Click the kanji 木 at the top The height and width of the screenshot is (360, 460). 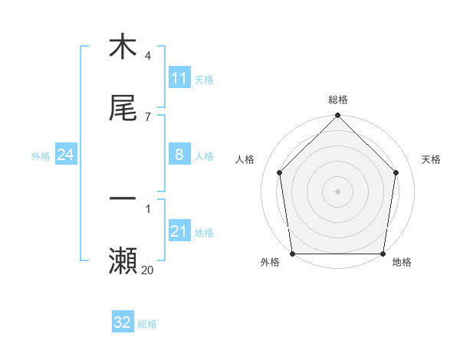[x=123, y=47]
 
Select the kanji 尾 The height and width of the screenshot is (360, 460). [x=123, y=109]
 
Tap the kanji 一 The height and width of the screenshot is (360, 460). [x=123, y=198]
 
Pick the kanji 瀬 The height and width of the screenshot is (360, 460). [x=123, y=260]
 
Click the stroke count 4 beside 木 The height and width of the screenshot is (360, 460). [x=147, y=56]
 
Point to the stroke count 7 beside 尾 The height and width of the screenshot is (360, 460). [x=147, y=116]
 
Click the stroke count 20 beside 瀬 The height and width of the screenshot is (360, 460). [x=147, y=270]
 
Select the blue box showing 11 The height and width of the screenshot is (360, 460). [x=179, y=78]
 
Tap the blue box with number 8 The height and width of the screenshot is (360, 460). [x=179, y=155]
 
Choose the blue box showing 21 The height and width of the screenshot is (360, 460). [x=179, y=231]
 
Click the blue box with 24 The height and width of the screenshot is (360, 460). [x=66, y=155]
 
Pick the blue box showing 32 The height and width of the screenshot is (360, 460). [x=123, y=322]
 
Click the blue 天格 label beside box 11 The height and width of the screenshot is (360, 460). [x=204, y=79]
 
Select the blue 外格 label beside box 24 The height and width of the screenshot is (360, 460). [x=41, y=155]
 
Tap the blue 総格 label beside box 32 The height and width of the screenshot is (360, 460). [x=147, y=323]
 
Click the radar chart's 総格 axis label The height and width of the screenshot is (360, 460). [x=338, y=100]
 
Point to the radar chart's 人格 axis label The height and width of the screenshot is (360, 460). [x=245, y=159]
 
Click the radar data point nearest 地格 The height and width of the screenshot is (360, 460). [x=383, y=254]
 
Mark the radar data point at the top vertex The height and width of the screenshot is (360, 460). [x=338, y=116]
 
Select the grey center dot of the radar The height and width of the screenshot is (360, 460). [x=338, y=191]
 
